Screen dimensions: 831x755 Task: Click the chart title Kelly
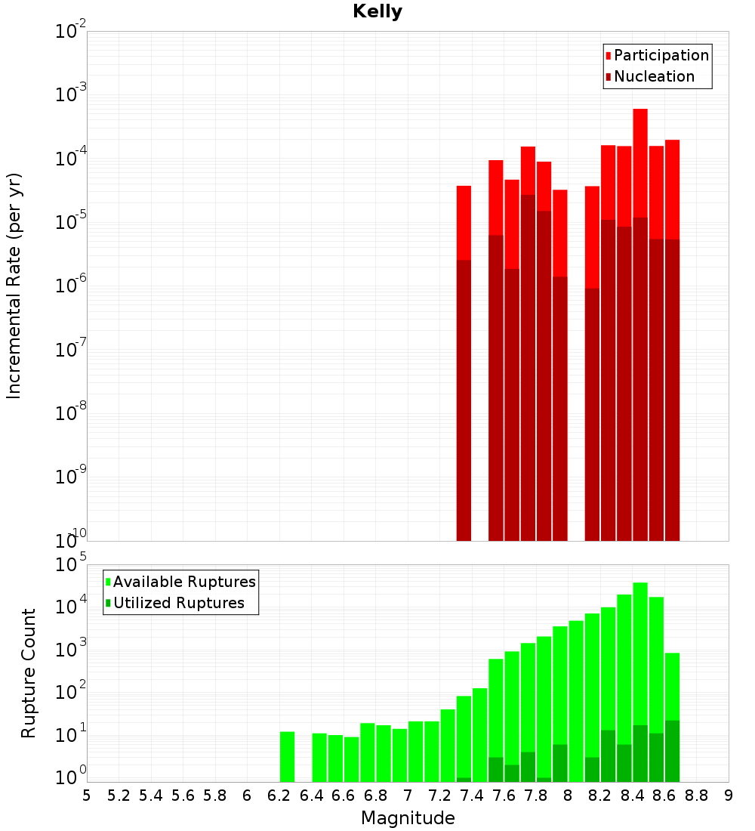377,12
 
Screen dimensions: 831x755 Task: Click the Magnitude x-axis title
408,818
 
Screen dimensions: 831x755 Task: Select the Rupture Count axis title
29,673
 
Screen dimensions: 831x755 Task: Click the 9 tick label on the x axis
729,795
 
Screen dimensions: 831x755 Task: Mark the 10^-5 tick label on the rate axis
71,223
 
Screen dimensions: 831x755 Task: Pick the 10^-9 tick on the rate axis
71,477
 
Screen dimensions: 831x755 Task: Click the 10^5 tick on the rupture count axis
71,564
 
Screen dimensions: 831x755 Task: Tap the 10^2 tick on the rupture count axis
71,693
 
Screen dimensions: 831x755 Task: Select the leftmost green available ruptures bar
287,756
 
